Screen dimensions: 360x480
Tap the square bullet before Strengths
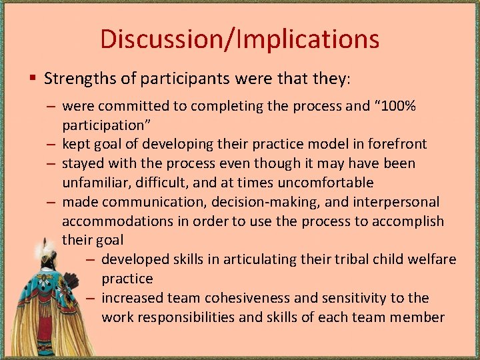(x=33, y=79)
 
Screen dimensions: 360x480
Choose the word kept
(x=76, y=144)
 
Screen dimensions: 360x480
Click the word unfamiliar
(x=96, y=182)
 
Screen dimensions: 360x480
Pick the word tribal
(x=341, y=259)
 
